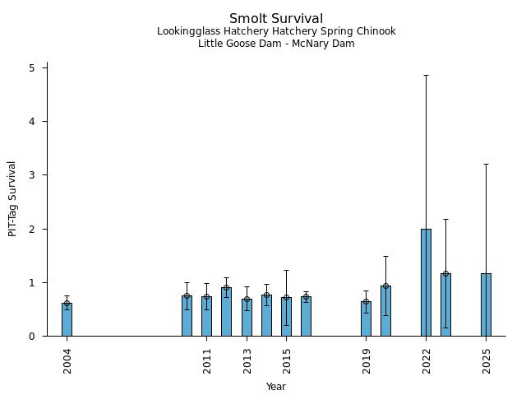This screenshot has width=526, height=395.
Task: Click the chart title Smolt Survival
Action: click(276, 19)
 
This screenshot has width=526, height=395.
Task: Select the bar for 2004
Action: click(67, 319)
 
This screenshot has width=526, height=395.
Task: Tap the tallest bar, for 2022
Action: click(426, 282)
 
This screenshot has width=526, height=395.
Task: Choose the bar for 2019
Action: click(366, 318)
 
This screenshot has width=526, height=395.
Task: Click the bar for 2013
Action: click(247, 318)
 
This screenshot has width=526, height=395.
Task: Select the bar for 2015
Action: click(286, 317)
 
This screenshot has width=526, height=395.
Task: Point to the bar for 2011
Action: click(206, 317)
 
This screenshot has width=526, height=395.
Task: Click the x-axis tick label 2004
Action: click(67, 360)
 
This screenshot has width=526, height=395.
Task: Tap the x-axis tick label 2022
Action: click(427, 360)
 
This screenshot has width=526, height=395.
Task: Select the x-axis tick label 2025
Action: click(487, 360)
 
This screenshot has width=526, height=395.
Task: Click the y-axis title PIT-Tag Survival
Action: click(12, 198)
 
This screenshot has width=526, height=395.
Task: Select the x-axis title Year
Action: click(276, 387)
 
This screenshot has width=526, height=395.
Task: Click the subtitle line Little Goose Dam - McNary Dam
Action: click(276, 44)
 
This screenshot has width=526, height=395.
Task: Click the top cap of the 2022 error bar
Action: click(426, 76)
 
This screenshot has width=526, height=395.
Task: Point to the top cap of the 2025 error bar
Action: click(486, 164)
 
